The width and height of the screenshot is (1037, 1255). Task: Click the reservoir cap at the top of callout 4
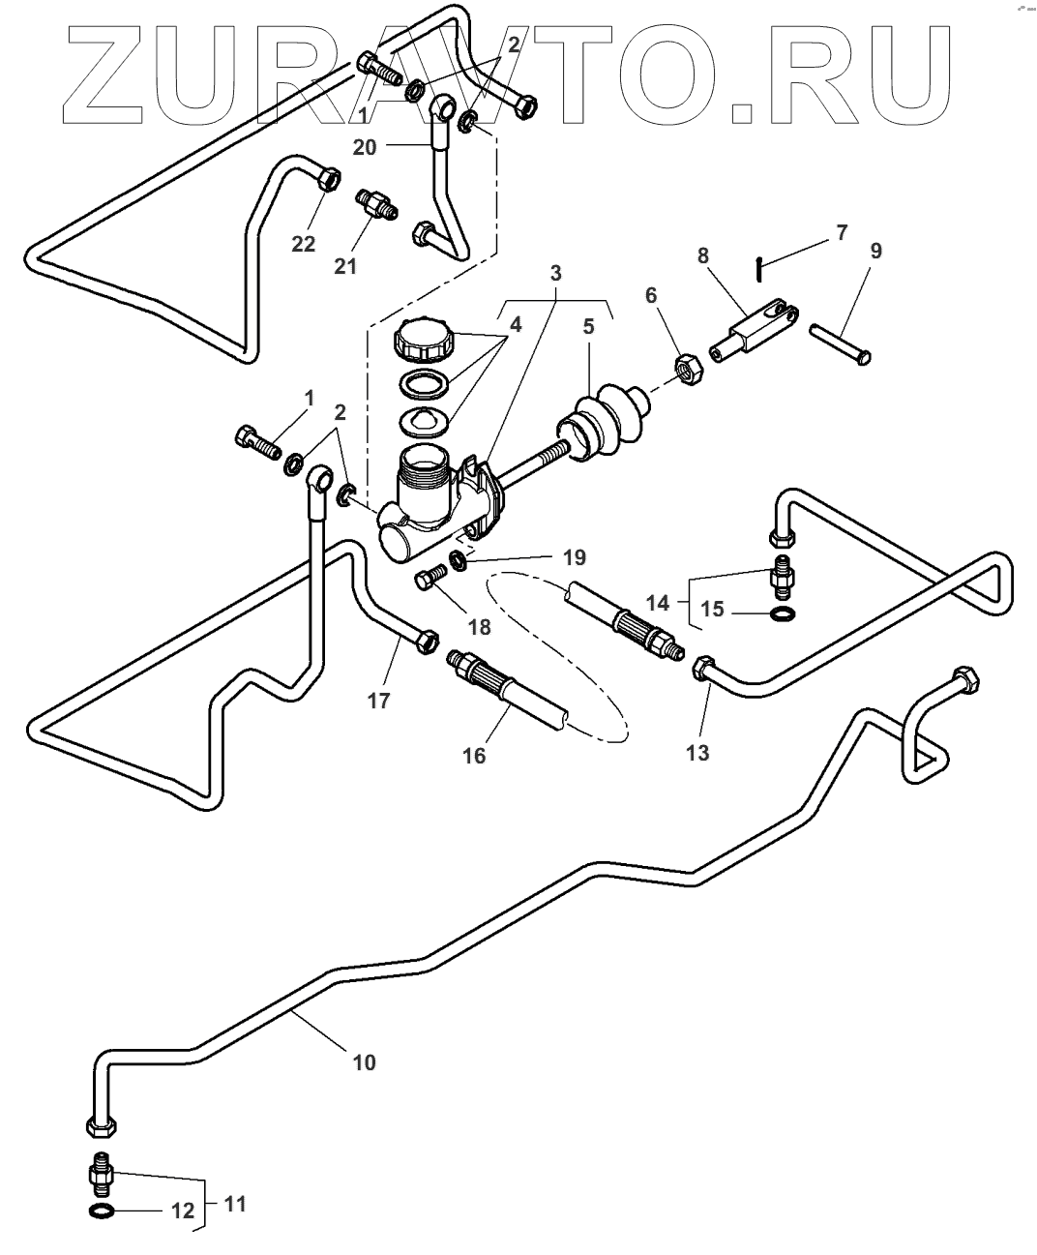[x=423, y=344]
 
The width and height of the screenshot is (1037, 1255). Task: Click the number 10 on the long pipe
[x=364, y=1062]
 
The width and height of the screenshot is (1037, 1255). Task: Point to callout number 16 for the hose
[x=474, y=754]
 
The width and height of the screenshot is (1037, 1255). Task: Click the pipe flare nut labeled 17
[x=424, y=640]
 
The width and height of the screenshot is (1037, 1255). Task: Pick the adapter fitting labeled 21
[x=373, y=204]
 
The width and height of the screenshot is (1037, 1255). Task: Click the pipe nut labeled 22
[x=328, y=178]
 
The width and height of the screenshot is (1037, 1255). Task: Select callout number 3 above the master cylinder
[x=555, y=274]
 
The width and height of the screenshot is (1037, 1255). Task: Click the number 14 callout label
[x=658, y=602]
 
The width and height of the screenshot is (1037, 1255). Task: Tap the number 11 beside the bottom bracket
[x=235, y=1204]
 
